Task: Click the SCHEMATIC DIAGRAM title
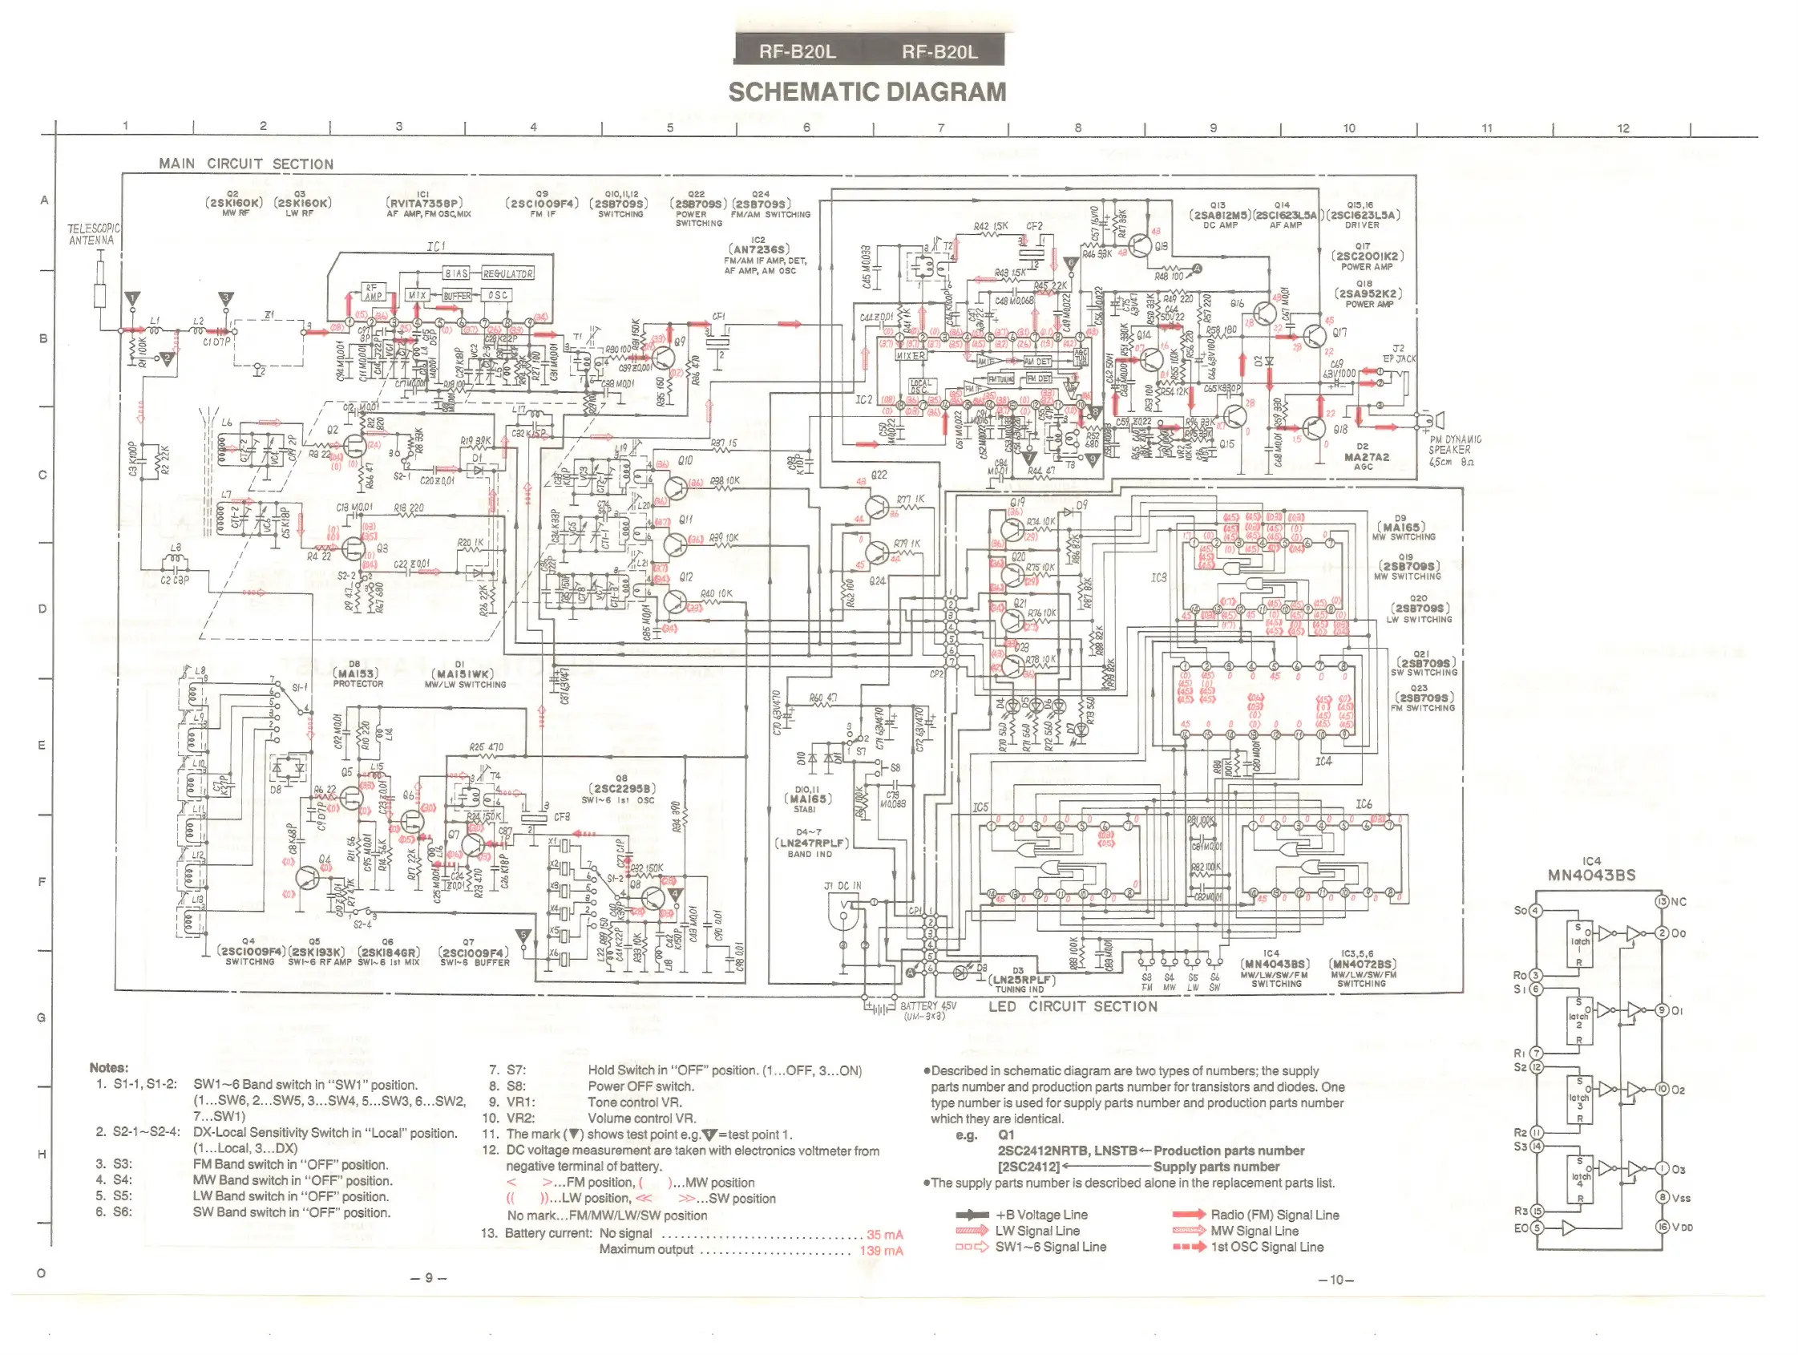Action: [x=867, y=93]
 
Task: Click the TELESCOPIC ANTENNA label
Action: [x=94, y=235]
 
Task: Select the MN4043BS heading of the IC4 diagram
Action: [x=1590, y=876]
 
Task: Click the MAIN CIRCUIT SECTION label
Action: [x=245, y=164]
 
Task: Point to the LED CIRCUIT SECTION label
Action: [x=1072, y=1006]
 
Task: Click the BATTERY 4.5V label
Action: [x=927, y=1006]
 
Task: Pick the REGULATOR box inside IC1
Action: [x=508, y=274]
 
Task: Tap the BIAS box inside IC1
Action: [x=456, y=274]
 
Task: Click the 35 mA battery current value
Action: [x=884, y=1235]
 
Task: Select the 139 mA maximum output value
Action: [x=881, y=1251]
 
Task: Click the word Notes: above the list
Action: [x=109, y=1068]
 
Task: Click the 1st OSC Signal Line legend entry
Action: [x=1267, y=1247]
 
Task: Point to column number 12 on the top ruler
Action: [x=1622, y=128]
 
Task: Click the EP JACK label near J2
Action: [x=1399, y=358]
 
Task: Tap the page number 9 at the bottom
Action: [x=429, y=1278]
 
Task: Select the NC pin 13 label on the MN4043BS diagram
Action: [x=1679, y=901]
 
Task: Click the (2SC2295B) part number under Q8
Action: [x=622, y=788]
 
